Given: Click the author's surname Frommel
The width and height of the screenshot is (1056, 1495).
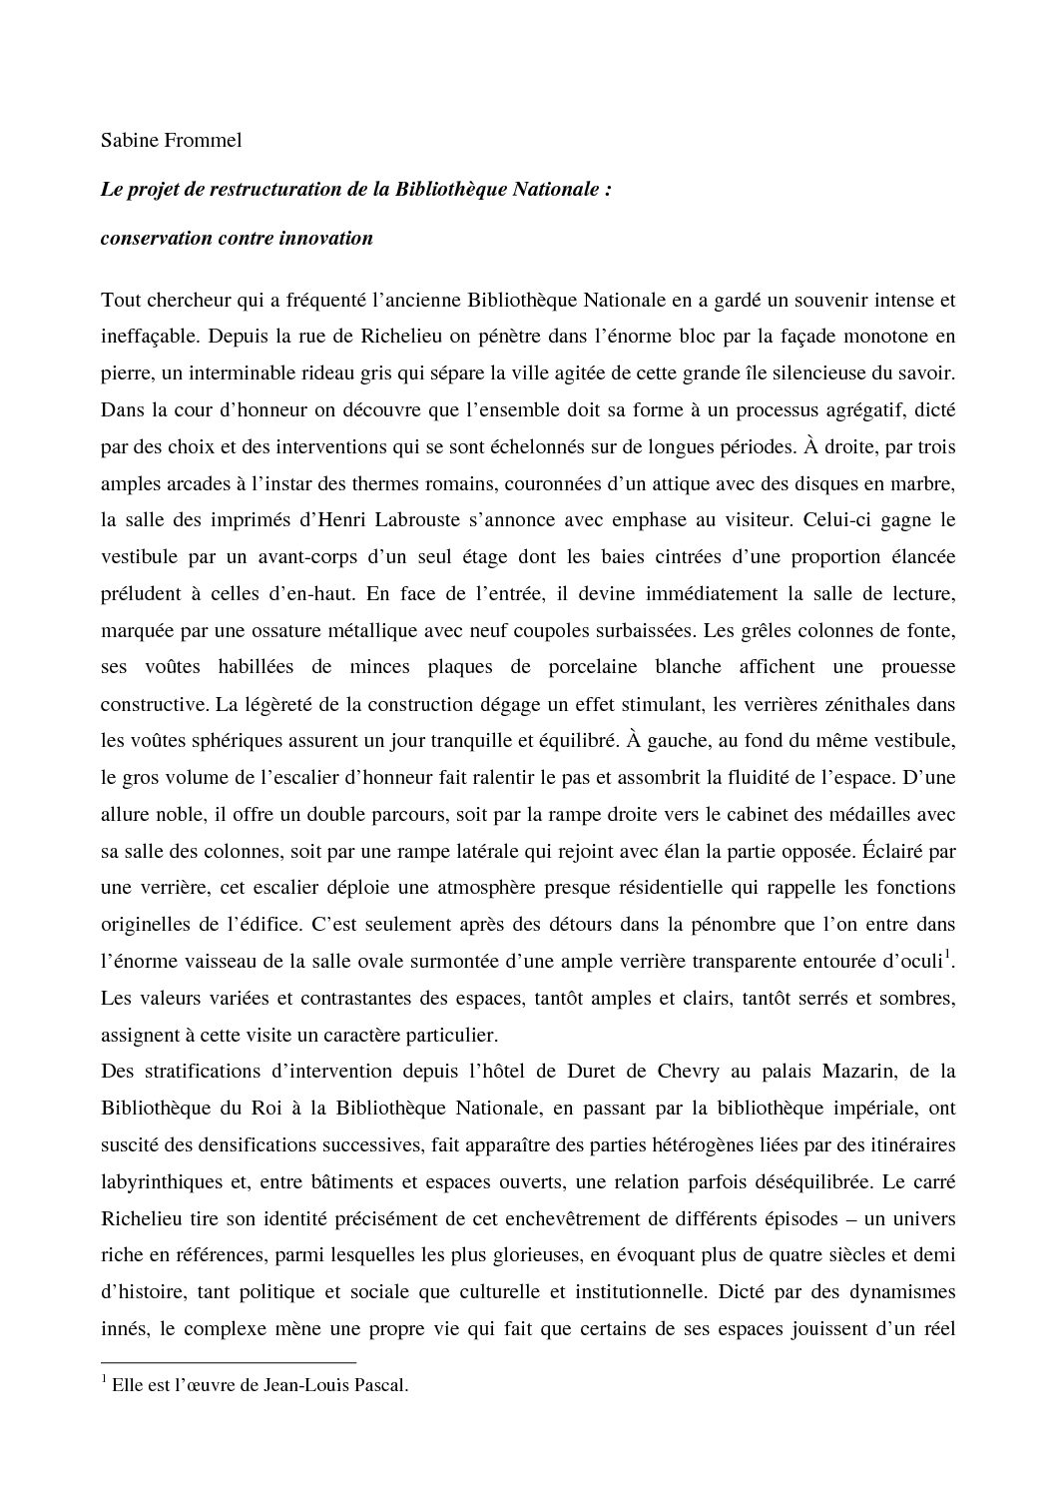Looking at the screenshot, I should (x=204, y=141).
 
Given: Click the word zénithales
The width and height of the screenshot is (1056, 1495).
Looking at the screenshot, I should (x=869, y=704).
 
